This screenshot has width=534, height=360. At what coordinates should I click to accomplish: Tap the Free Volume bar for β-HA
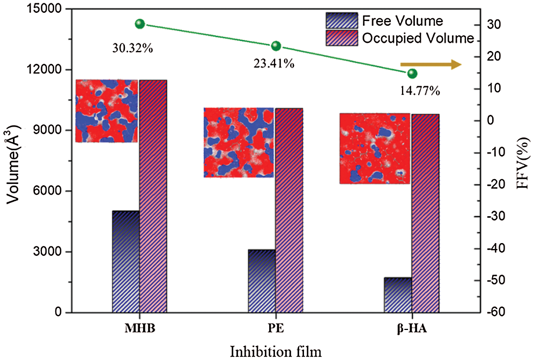pyautogui.click(x=398, y=295)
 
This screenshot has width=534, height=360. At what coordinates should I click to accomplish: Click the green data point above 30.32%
pyautogui.click(x=140, y=24)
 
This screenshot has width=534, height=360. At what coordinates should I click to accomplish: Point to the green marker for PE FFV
pyautogui.click(x=276, y=46)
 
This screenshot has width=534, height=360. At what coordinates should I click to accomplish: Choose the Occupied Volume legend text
pyautogui.click(x=418, y=38)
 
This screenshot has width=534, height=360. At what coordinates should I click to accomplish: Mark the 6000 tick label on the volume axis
pyautogui.click(x=53, y=192)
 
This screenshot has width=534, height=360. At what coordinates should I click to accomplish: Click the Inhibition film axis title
pyautogui.click(x=276, y=351)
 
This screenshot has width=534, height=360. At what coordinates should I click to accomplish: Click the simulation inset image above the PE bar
pyautogui.click(x=239, y=142)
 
